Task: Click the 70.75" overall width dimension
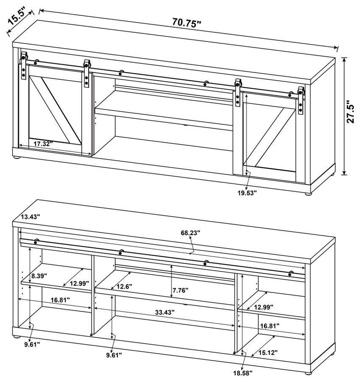click(x=186, y=23)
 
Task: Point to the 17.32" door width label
click(x=43, y=144)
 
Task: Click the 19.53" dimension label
click(x=247, y=193)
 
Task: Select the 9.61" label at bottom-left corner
click(x=31, y=345)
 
